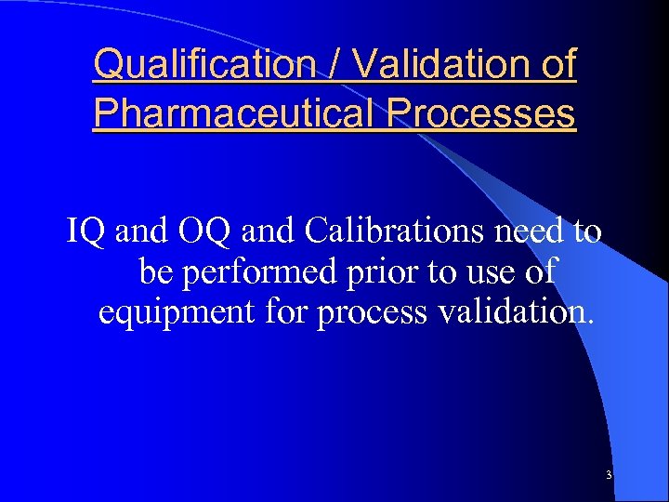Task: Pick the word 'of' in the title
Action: [x=557, y=65]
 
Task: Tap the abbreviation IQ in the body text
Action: [x=87, y=231]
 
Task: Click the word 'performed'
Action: [x=262, y=273]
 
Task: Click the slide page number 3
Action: [x=609, y=475]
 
